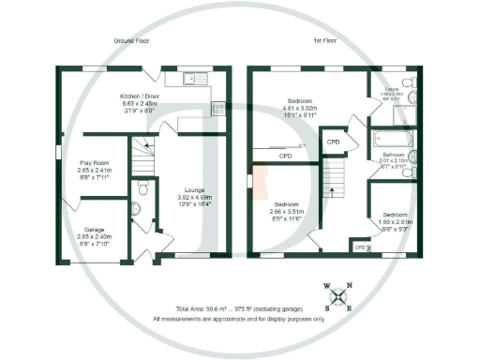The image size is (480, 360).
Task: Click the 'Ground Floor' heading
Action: tap(132, 42)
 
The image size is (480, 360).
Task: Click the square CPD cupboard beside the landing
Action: tap(332, 142)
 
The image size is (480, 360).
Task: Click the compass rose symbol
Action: tap(338, 295)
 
